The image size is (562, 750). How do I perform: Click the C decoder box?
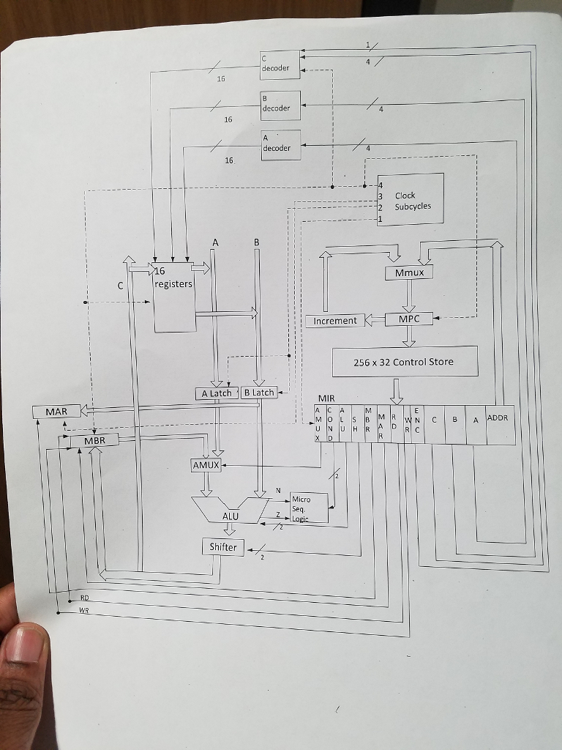280,64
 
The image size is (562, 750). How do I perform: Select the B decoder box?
280,104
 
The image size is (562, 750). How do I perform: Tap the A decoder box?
280,144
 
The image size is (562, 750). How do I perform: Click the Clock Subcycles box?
411,200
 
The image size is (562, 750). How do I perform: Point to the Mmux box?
409,272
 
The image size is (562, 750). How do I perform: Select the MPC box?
410,319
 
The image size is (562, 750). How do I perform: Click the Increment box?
334,321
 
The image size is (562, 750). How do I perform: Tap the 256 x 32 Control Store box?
404,362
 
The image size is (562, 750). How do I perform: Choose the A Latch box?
216,393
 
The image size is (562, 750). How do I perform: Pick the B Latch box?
258,393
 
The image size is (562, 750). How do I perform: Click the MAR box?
56,412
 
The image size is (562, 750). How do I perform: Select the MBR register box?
94,441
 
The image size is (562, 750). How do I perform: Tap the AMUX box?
206,465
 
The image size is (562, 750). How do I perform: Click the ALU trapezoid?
231,510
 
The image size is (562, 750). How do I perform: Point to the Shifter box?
223,547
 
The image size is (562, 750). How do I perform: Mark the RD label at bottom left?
85,598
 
